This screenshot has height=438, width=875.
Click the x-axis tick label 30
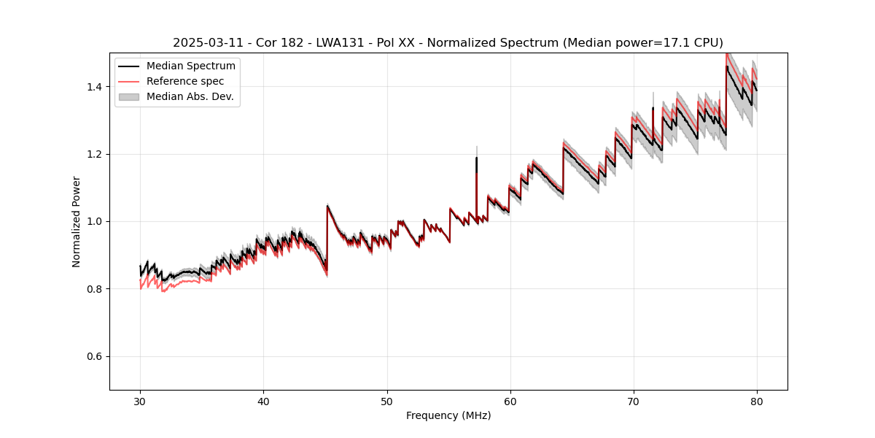(x=140, y=401)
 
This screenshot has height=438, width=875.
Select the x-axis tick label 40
(x=263, y=401)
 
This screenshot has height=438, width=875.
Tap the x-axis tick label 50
(x=386, y=401)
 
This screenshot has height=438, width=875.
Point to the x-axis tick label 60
(x=510, y=401)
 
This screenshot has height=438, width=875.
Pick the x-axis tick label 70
(x=633, y=401)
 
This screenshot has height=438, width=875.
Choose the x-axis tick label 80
(x=756, y=401)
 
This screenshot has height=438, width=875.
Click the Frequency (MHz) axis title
(x=448, y=415)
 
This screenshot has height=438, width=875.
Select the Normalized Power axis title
(x=77, y=221)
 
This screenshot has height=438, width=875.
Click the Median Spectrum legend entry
(x=190, y=66)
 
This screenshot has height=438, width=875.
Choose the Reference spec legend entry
(x=185, y=81)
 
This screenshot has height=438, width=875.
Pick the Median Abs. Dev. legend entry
(x=190, y=96)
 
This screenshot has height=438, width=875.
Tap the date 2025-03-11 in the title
(x=203, y=43)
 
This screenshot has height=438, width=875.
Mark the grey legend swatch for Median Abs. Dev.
(x=128, y=96)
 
